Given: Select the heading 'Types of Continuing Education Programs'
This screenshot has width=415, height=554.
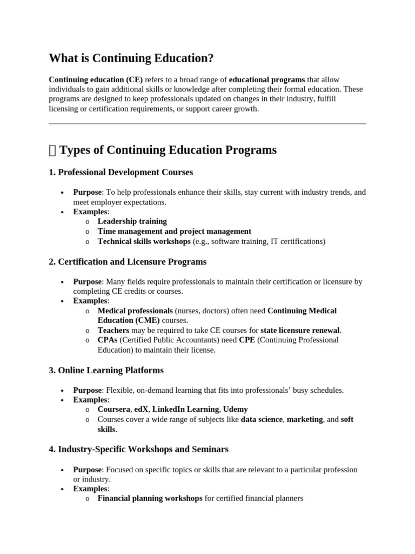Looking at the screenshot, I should point(168,150).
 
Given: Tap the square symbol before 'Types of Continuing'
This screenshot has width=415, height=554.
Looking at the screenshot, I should point(52,150).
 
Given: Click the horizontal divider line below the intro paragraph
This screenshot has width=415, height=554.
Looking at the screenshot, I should point(207,123).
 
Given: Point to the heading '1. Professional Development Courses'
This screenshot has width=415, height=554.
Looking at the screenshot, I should point(121,172).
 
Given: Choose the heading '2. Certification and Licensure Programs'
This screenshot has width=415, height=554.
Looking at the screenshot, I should point(128,262).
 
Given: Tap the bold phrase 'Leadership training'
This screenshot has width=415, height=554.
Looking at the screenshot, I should point(132,221).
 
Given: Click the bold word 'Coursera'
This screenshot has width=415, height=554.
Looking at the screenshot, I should point(114,410).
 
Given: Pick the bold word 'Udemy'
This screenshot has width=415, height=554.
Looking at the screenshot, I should point(236,410).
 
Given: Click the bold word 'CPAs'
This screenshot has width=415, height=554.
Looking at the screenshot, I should point(108,340).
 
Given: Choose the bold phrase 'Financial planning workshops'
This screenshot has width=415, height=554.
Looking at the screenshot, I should point(150,498).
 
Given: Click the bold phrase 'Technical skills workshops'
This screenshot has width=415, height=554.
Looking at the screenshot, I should point(144,241).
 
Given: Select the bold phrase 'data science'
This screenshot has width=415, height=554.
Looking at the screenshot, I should point(262,419).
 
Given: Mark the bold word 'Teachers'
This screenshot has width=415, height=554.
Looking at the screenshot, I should point(113,330).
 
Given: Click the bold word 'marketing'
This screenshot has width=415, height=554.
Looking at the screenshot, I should point(305,419).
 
